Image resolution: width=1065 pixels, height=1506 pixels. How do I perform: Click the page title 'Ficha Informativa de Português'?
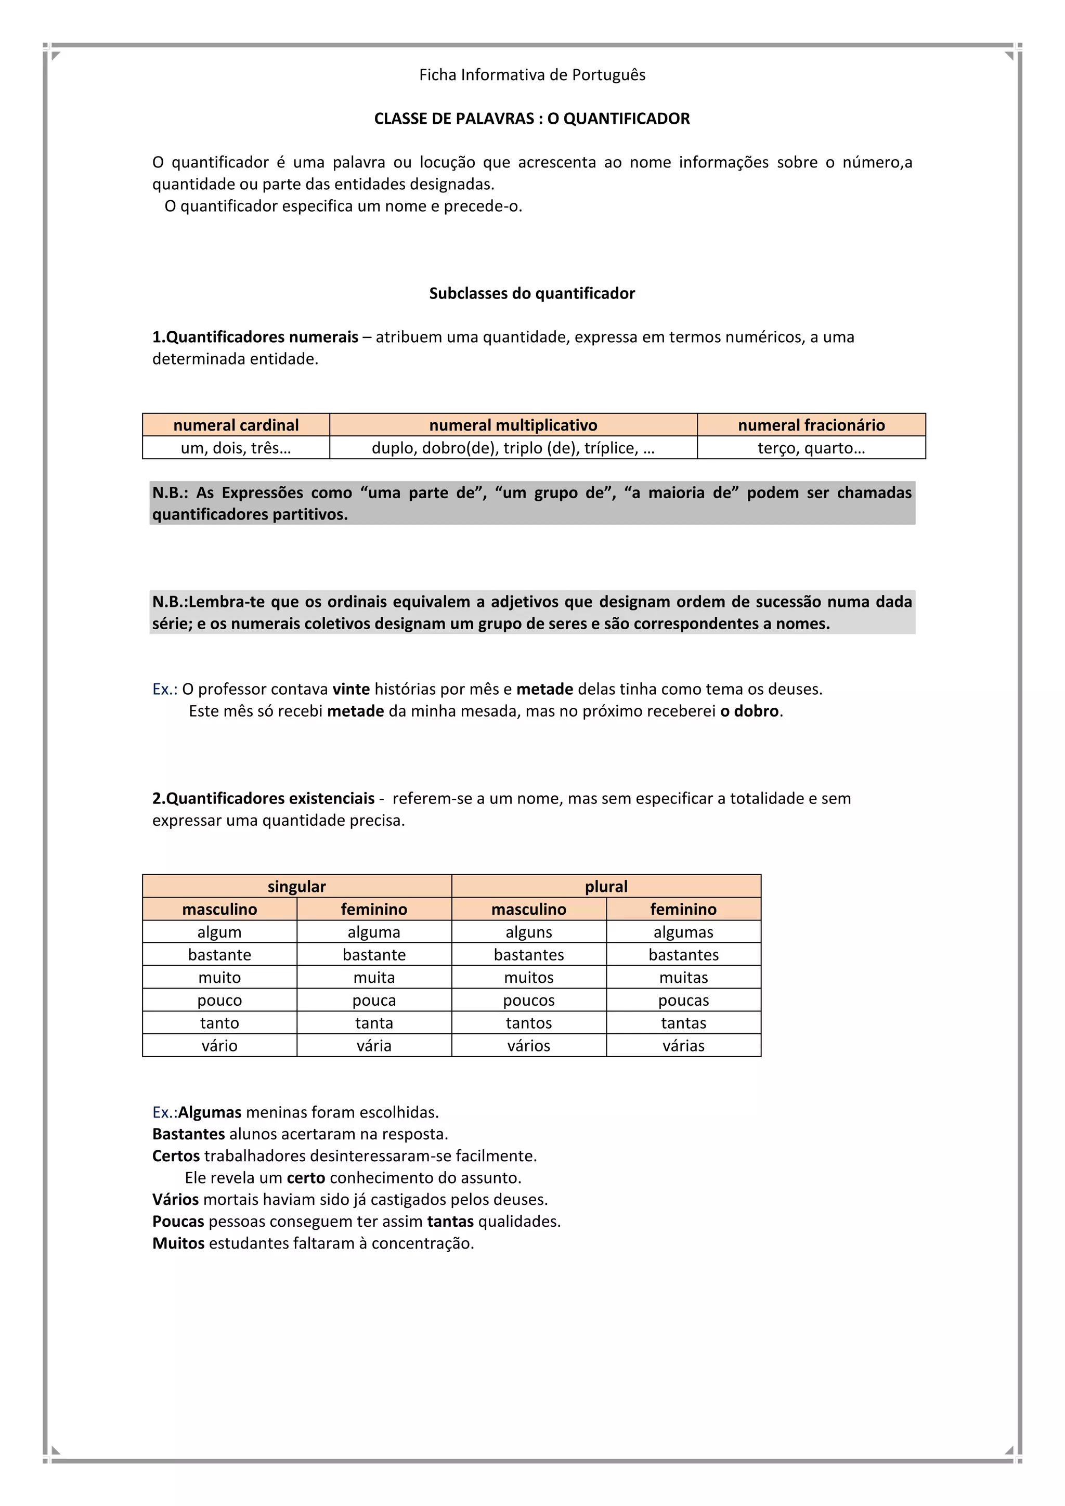tap(532, 75)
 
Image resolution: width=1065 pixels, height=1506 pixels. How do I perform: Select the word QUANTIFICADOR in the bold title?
tap(626, 119)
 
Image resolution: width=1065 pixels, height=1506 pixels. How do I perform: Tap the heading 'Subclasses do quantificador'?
tap(532, 293)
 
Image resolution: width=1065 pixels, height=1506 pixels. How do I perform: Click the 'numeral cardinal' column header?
tap(236, 425)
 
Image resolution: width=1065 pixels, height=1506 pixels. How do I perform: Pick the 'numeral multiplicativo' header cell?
tap(513, 425)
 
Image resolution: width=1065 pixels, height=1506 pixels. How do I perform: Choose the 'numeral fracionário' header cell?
tap(811, 425)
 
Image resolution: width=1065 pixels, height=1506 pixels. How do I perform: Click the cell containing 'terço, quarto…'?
tap(811, 448)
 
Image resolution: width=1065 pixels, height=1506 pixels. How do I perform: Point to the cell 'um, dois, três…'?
tap(236, 448)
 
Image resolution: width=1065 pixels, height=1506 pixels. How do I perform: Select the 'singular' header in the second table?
tap(296, 886)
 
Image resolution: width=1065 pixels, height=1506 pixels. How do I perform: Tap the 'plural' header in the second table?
tap(606, 886)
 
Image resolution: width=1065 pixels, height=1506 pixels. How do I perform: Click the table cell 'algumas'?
tap(683, 932)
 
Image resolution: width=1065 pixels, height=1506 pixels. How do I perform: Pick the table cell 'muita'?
tap(374, 977)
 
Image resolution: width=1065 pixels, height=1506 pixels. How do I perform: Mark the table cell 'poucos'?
tap(528, 1001)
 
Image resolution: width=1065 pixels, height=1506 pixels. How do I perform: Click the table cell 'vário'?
tap(219, 1046)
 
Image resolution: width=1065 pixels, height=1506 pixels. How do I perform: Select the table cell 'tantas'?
tap(683, 1022)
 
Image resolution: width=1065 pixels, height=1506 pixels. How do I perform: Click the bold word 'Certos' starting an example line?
tap(176, 1156)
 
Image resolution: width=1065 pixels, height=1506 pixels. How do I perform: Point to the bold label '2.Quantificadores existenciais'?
tap(264, 798)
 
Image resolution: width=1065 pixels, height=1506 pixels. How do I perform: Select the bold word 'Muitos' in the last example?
tap(178, 1243)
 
